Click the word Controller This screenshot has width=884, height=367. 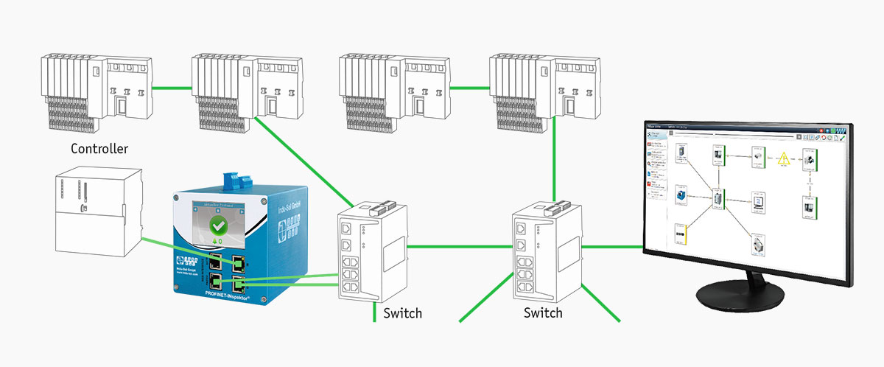(x=99, y=150)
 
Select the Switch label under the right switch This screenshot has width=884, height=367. (x=543, y=313)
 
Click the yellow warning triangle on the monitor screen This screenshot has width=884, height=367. (x=784, y=158)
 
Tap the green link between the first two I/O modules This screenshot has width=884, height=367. (x=174, y=82)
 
